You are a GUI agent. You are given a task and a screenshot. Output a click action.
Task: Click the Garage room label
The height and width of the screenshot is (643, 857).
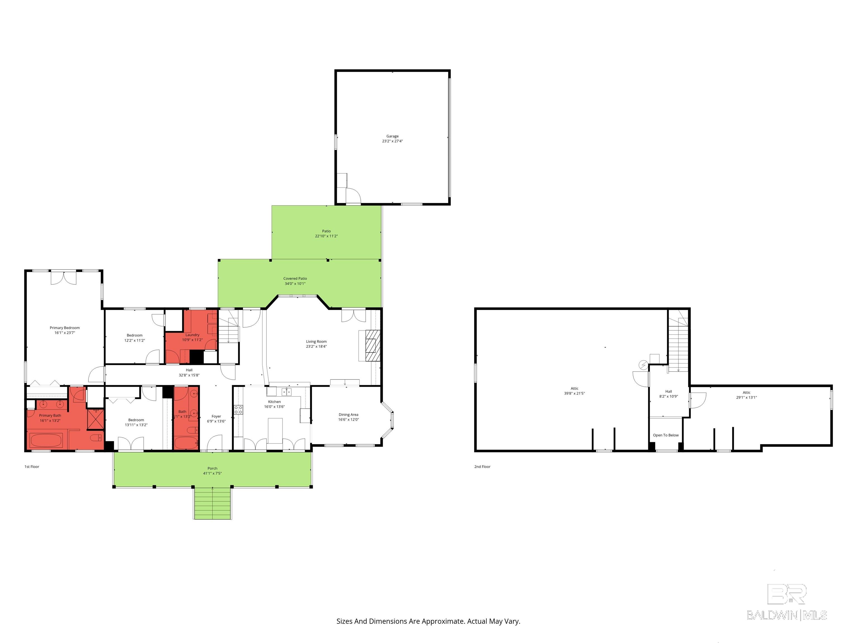point(393,139)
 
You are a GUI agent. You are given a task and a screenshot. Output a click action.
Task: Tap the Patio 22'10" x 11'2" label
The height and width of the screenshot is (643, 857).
point(326,234)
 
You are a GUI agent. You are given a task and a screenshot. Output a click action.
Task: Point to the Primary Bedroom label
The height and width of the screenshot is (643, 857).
point(65,330)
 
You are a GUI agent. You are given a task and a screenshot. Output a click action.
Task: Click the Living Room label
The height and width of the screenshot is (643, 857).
point(316,344)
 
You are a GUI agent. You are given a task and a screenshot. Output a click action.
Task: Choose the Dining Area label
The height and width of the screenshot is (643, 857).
point(348,417)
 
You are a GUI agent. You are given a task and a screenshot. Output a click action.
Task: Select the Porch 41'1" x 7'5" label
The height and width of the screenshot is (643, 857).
point(212,471)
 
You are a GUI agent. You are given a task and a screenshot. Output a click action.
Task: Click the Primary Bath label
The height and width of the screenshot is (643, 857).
point(50,418)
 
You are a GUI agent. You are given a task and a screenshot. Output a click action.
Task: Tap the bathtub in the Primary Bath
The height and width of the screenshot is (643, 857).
point(46,441)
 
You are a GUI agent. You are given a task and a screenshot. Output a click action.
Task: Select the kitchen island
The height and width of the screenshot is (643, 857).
point(275,430)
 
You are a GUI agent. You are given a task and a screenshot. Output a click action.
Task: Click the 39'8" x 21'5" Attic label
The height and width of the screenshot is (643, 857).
point(574,391)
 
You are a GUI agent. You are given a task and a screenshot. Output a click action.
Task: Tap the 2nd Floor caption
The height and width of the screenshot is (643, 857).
point(482,467)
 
